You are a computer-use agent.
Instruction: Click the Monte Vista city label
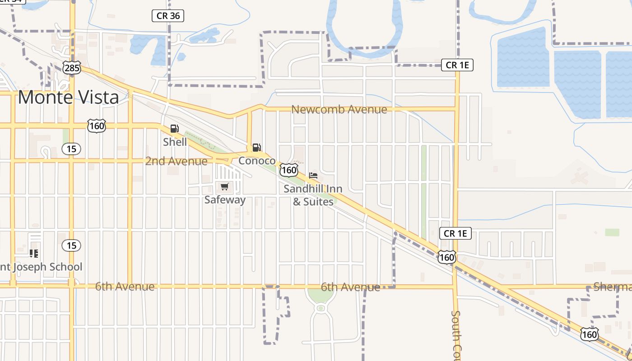(69, 97)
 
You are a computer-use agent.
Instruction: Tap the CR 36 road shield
(168, 16)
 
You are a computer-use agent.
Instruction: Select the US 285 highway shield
(72, 68)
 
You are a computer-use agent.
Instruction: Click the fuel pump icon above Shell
(174, 129)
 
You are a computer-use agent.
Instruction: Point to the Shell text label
(175, 142)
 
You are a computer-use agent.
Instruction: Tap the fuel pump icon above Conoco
(256, 147)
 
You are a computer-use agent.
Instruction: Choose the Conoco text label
(257, 161)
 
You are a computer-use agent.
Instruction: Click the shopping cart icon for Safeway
(224, 186)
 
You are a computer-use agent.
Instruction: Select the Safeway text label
(225, 199)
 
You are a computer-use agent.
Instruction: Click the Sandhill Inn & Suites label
(313, 195)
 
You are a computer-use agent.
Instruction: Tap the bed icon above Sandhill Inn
(313, 175)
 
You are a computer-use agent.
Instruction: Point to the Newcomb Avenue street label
(339, 109)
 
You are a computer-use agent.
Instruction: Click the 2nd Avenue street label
(176, 161)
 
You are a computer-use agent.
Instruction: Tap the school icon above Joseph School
(33, 253)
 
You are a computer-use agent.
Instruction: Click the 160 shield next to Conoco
(288, 170)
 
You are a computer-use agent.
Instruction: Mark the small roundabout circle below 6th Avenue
(321, 308)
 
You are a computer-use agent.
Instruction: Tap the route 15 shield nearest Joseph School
(71, 245)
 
